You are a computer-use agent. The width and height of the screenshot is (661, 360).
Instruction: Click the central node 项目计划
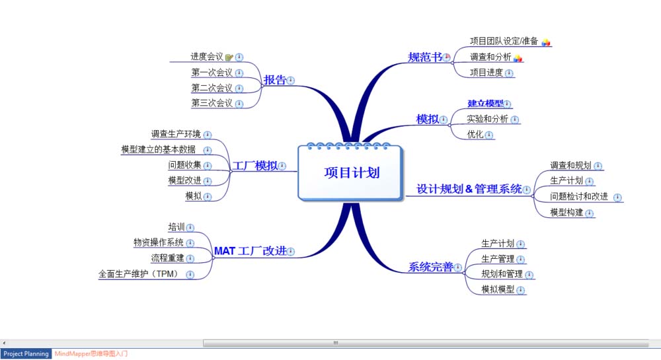(x=351, y=172)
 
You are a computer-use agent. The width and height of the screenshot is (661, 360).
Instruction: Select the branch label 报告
(x=275, y=80)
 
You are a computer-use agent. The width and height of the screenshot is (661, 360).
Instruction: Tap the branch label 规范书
(x=424, y=57)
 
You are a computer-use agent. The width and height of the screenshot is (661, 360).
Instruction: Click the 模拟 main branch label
(x=427, y=120)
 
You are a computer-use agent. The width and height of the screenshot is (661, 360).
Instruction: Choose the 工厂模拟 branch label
(x=254, y=166)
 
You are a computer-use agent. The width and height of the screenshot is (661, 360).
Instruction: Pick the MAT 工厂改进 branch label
(x=250, y=251)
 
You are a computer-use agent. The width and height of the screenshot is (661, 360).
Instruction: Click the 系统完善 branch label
(x=430, y=268)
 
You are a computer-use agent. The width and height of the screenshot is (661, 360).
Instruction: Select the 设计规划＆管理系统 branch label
(x=469, y=190)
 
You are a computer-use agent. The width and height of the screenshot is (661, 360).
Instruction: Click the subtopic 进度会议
(x=207, y=57)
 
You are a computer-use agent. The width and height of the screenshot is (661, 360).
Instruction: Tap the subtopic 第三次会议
(x=212, y=103)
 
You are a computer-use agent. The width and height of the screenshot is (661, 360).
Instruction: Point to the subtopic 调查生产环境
(x=176, y=134)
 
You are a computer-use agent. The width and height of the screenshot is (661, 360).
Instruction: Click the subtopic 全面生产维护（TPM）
(x=140, y=273)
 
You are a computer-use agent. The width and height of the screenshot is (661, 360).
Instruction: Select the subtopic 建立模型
(x=485, y=104)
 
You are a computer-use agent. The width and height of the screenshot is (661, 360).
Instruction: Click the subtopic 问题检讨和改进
(x=578, y=197)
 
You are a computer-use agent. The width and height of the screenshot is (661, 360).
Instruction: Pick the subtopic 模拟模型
(x=498, y=289)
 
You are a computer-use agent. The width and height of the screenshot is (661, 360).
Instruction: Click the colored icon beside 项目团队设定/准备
(x=546, y=42)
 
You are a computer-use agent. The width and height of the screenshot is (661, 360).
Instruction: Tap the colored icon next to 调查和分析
(x=518, y=58)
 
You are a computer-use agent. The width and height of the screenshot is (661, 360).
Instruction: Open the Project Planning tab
(x=26, y=354)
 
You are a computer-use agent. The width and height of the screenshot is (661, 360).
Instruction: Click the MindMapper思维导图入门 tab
(x=91, y=354)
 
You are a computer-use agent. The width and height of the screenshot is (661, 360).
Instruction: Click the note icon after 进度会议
(x=229, y=57)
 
